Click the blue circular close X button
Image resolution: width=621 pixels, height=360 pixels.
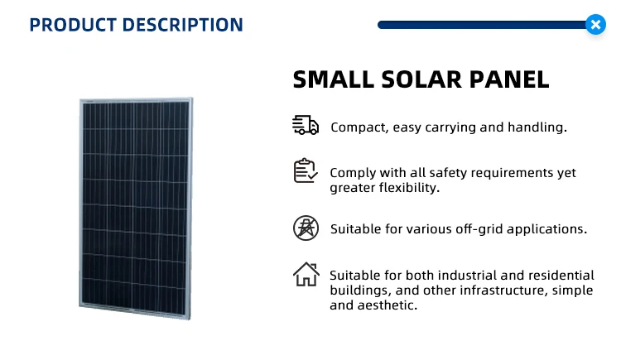(x=595, y=25)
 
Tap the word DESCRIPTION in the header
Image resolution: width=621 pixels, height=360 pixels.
(x=183, y=25)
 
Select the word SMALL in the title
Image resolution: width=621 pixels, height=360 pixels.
(x=334, y=79)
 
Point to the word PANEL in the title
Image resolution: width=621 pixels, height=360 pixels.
(x=509, y=79)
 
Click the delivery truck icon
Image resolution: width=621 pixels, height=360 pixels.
(x=306, y=125)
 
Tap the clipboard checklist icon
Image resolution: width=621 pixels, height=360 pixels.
(x=306, y=170)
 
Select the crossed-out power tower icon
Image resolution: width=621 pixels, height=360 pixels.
(x=306, y=228)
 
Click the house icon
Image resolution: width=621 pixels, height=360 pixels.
(x=306, y=274)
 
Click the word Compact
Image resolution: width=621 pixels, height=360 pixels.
(x=359, y=127)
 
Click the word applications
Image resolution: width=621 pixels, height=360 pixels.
(x=547, y=229)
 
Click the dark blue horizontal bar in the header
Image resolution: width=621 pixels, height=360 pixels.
(x=482, y=25)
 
